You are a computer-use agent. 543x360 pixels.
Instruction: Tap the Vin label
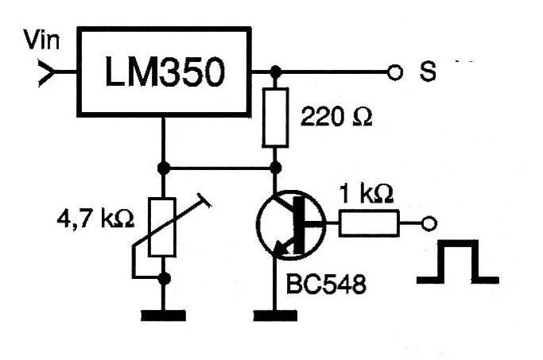tap(41, 40)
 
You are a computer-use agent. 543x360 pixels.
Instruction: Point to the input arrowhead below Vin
tap(46, 72)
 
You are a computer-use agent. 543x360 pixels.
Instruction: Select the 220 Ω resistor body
tap(275, 118)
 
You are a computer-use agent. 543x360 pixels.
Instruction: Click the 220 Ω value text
tap(336, 116)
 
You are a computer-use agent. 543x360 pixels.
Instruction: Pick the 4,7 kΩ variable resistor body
tap(161, 227)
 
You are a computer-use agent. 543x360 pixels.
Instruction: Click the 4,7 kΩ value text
tap(95, 219)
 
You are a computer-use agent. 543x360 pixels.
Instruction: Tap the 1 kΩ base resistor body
tap(369, 223)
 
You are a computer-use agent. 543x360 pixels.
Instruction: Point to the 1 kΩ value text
tap(367, 193)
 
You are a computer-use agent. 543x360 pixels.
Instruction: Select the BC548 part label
tap(326, 285)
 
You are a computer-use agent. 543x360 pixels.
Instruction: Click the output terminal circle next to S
tap(395, 72)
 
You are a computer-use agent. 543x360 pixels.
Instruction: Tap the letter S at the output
tap(428, 72)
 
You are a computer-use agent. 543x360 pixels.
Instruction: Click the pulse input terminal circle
tap(429, 223)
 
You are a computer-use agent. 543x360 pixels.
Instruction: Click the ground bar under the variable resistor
tap(163, 315)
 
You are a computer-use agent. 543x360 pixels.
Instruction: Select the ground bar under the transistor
tap(275, 315)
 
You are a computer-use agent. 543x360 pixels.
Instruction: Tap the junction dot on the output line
tap(276, 72)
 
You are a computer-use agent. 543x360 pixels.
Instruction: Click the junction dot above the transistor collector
tap(276, 168)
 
